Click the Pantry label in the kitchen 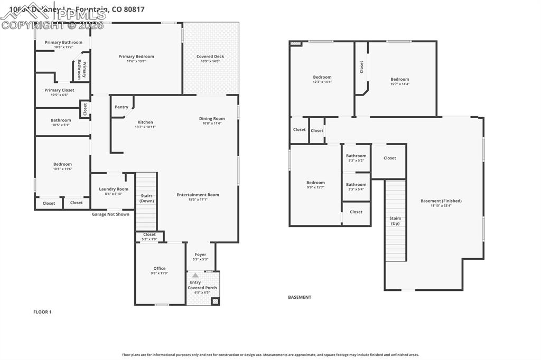click(x=122, y=107)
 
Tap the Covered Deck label click(x=210, y=56)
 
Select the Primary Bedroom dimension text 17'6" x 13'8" click(x=136, y=61)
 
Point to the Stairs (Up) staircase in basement click(x=395, y=221)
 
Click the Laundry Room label click(x=114, y=189)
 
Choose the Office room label click(x=160, y=269)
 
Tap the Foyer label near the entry click(x=201, y=254)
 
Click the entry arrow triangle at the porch click(x=195, y=275)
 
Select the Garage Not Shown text click(x=110, y=214)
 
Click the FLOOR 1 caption click(x=42, y=312)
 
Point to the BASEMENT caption click(x=300, y=297)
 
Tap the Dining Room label click(x=212, y=119)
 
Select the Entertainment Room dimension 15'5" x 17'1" click(x=198, y=200)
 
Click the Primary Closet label click(x=59, y=90)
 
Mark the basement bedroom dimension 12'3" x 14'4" click(x=322, y=82)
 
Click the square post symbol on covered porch click(x=215, y=301)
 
